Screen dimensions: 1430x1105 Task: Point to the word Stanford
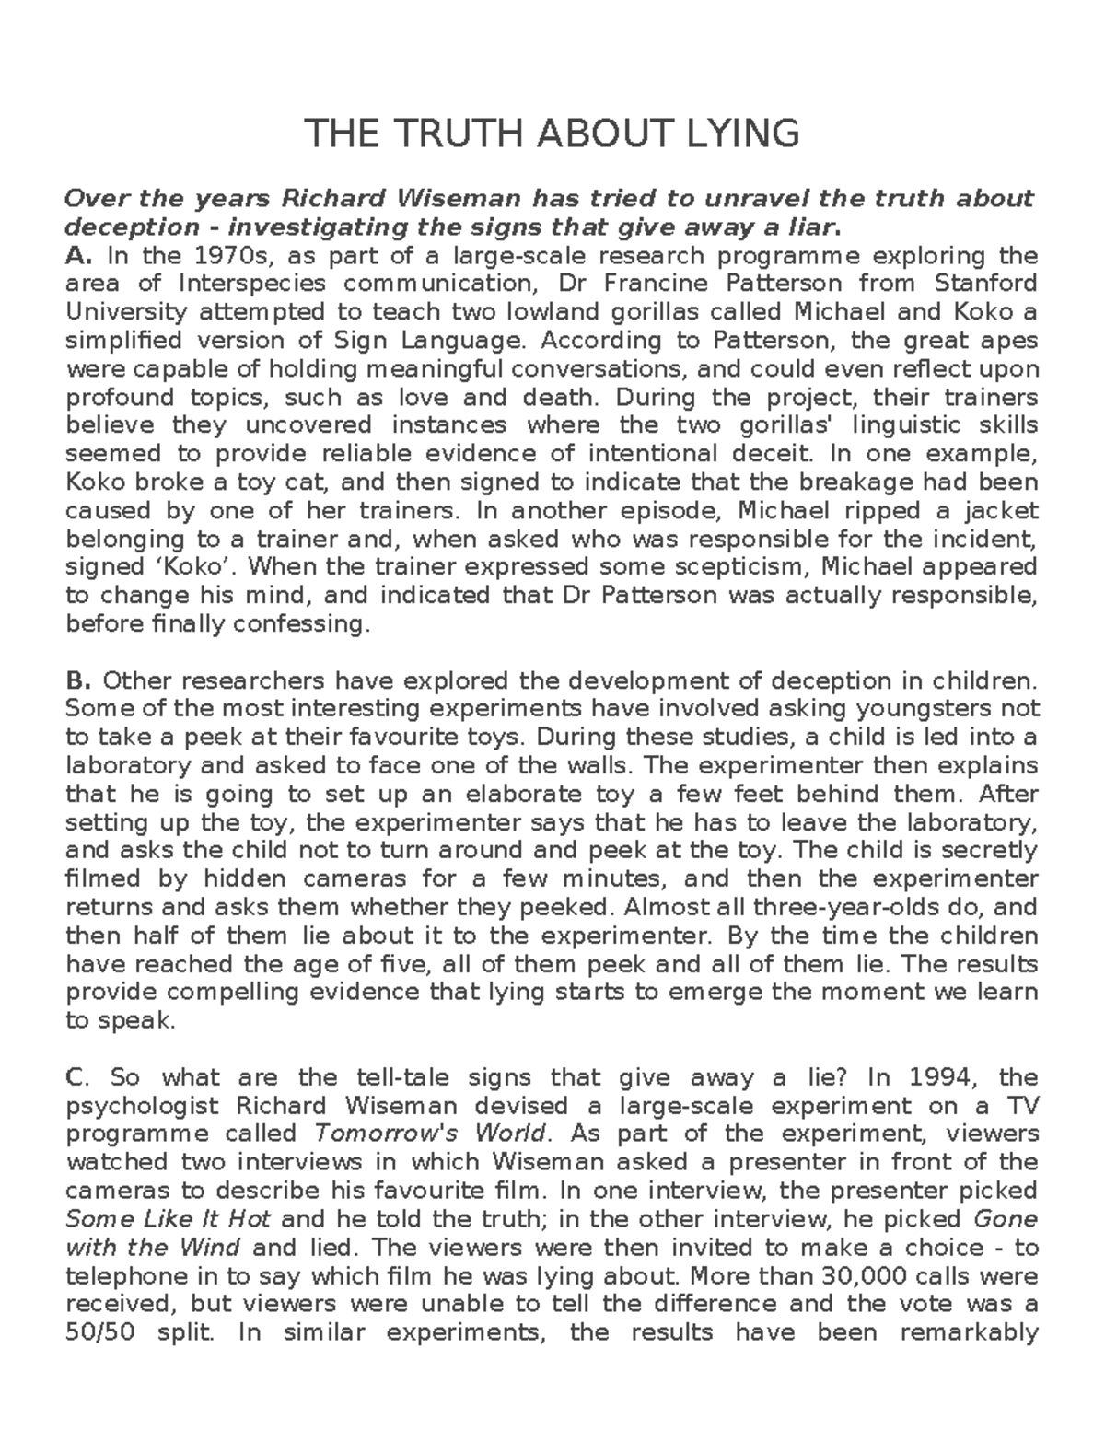coord(985,284)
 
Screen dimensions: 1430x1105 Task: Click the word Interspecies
coord(252,284)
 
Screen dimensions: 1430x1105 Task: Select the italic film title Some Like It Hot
coord(169,1220)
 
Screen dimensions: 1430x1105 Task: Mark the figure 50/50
coord(103,1333)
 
